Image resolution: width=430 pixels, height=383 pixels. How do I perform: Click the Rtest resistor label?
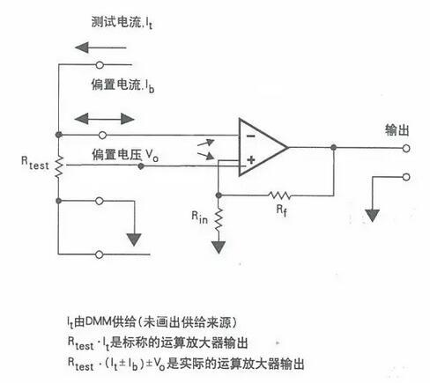coord(34,163)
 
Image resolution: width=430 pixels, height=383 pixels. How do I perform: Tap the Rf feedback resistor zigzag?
coord(279,195)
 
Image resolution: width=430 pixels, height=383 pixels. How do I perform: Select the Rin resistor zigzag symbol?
coord(219,219)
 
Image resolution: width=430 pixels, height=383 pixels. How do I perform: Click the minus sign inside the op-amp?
coord(250,136)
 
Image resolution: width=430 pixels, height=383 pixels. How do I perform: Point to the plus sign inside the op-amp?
coord(250,160)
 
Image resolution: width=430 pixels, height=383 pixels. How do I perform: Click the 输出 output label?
coord(397,129)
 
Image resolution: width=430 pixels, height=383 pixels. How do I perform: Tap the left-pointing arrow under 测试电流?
coord(100,48)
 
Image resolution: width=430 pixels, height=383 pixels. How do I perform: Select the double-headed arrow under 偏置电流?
coord(105,119)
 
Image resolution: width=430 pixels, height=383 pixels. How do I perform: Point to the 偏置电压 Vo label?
coord(125,155)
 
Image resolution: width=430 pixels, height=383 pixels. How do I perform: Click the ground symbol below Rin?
coord(219,247)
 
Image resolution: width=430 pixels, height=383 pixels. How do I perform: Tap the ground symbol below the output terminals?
coord(373,216)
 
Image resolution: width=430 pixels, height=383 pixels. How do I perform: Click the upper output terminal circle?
coord(406,149)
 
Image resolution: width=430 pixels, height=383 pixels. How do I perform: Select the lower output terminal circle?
coord(406,177)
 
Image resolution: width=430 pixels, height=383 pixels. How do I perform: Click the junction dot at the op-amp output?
coord(333,147)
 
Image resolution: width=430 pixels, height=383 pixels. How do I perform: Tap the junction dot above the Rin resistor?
coord(219,195)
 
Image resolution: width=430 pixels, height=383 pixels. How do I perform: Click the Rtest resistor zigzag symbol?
coord(59,166)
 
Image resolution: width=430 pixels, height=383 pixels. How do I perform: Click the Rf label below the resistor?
coord(281,210)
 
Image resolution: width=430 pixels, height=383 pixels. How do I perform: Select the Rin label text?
coord(199,217)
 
